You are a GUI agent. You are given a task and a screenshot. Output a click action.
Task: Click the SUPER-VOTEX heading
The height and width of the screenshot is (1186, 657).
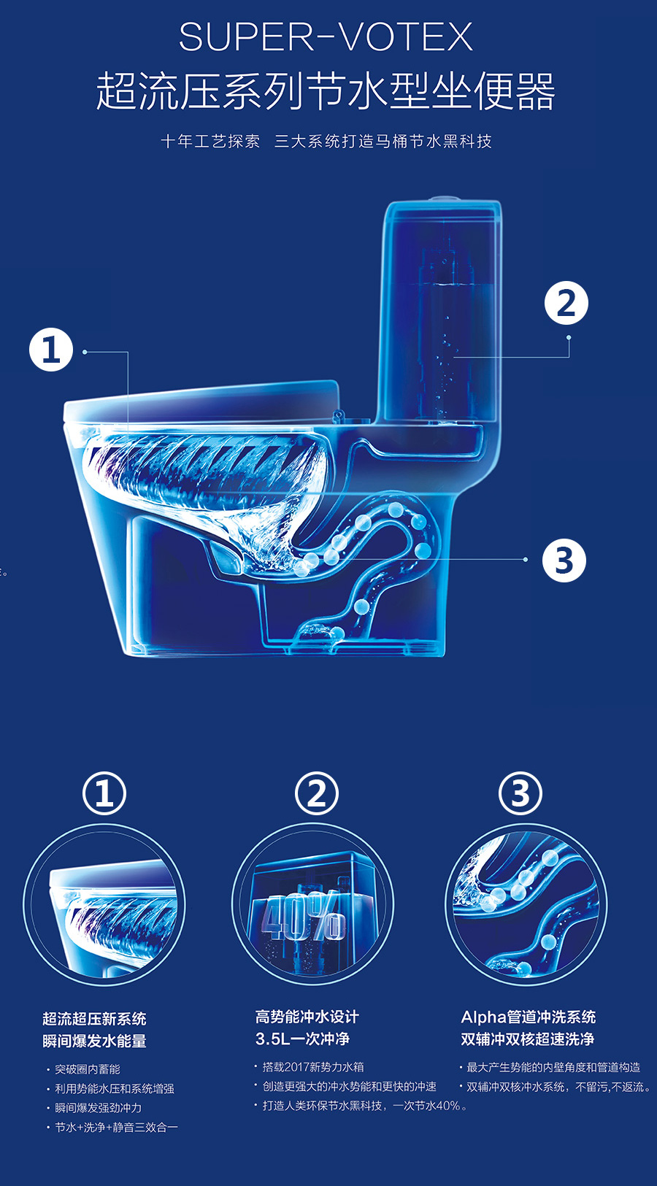[326, 36]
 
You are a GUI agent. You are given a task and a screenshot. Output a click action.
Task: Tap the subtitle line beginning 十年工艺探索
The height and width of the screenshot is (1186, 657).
[326, 142]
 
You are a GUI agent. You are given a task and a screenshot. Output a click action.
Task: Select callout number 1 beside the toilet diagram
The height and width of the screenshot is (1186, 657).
[51, 350]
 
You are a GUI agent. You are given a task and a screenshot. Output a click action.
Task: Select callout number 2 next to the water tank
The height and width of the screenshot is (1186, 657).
[566, 303]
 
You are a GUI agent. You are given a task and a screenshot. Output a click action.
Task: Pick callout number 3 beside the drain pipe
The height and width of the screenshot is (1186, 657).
[564, 561]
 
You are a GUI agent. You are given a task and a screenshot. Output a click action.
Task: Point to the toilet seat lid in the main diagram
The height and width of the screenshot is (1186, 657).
[201, 401]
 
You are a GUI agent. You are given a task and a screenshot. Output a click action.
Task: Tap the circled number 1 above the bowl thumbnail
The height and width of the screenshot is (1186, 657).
[104, 793]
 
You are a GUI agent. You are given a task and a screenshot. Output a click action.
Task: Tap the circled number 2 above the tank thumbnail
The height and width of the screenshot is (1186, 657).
[317, 793]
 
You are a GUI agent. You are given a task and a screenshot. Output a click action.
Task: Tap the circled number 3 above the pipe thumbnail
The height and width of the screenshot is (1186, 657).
[520, 793]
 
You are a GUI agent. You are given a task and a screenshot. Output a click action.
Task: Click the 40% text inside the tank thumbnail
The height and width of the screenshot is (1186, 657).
[304, 915]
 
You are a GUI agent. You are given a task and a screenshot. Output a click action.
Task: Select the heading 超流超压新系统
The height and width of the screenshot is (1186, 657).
[94, 1018]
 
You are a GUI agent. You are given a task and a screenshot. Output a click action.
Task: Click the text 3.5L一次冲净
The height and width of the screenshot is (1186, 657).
[302, 1039]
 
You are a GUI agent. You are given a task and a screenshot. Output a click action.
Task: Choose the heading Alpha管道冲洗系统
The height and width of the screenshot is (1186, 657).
[529, 1017]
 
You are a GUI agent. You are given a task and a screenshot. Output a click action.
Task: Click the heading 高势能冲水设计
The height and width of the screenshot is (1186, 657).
[307, 1017]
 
